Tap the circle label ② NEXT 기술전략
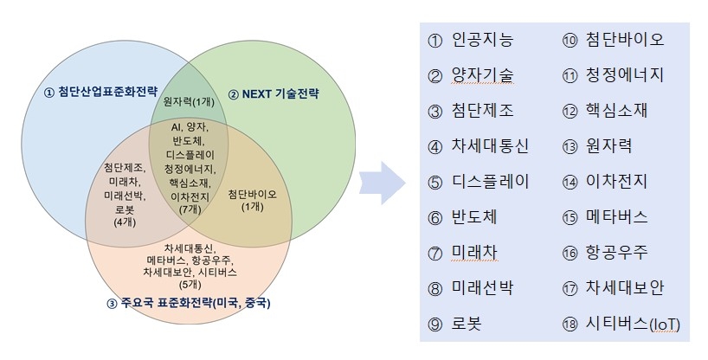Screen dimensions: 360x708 click(x=273, y=93)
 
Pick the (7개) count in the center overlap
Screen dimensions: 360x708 click(x=188, y=209)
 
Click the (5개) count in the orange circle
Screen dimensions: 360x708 click(x=188, y=283)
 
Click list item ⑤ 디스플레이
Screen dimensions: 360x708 click(x=478, y=182)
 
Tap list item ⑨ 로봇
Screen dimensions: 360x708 click(x=454, y=324)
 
